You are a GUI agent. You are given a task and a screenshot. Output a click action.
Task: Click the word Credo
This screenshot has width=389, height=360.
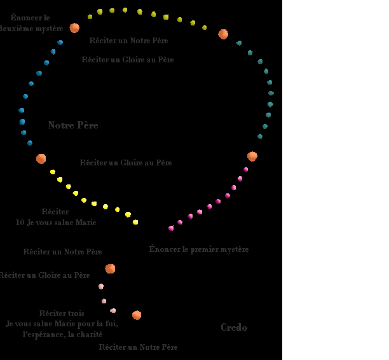(x=234, y=328)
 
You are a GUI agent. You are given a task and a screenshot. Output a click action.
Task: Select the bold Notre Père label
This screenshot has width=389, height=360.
(x=73, y=125)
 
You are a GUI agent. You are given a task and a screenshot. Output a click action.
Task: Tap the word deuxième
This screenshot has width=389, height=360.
(x=21, y=29)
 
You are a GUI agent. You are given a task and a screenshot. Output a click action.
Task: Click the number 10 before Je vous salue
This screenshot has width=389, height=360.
(x=20, y=223)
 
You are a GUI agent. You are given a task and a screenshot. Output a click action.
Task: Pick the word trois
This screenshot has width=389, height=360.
(x=76, y=314)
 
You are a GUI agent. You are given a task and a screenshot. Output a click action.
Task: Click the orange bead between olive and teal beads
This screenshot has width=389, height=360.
(x=223, y=34)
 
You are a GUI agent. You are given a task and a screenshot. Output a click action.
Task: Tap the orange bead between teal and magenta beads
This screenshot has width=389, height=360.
(x=252, y=156)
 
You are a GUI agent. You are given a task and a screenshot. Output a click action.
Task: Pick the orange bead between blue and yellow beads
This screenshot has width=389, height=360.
(x=41, y=159)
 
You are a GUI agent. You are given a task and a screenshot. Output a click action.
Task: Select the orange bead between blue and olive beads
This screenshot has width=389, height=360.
(x=74, y=28)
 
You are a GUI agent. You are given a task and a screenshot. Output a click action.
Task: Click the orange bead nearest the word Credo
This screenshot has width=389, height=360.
(x=137, y=315)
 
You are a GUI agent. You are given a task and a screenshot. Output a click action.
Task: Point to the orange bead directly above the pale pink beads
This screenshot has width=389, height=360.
(x=110, y=268)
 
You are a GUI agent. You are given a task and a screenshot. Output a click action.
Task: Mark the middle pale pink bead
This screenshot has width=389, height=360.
(x=104, y=301)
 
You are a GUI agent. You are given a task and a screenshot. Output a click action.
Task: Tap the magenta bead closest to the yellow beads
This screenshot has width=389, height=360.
(x=170, y=228)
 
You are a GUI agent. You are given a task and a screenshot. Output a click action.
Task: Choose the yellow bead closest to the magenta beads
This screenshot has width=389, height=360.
(x=135, y=222)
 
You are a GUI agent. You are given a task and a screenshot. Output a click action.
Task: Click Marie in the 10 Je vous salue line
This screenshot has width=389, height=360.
(x=86, y=223)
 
